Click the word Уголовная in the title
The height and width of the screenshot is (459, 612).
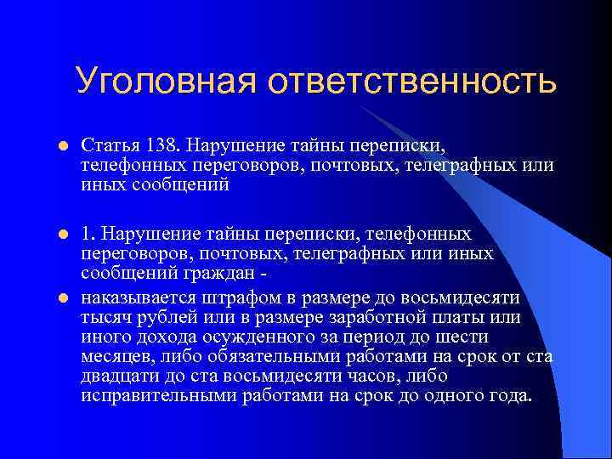coord(164,82)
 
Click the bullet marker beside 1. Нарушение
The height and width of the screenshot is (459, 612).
coord(60,234)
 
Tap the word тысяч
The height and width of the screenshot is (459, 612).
coord(105,315)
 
